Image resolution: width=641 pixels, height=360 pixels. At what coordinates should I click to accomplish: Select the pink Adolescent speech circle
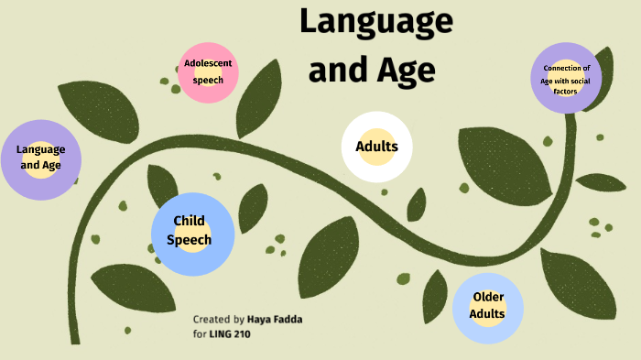click(x=208, y=72)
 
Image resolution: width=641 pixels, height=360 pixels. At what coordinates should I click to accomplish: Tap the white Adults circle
click(x=376, y=147)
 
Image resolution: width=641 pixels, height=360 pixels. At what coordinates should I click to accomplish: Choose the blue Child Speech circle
click(x=192, y=233)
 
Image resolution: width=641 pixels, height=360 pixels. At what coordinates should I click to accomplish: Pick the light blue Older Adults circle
click(x=487, y=307)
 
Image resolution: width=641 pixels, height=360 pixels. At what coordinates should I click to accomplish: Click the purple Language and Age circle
click(x=40, y=158)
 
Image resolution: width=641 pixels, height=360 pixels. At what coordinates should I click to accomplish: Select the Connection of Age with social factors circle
click(x=566, y=79)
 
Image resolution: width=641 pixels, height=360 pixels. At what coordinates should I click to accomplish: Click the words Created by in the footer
click(x=218, y=320)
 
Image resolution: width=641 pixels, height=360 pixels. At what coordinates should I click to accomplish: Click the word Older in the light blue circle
click(x=488, y=298)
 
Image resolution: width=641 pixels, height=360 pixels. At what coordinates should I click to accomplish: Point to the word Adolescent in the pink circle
click(x=208, y=63)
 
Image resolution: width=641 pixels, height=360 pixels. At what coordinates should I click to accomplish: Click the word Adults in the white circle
click(x=376, y=147)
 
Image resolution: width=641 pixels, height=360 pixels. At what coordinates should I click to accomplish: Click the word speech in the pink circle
click(x=208, y=80)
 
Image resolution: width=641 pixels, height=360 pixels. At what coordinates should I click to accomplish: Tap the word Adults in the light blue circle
click(x=487, y=313)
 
